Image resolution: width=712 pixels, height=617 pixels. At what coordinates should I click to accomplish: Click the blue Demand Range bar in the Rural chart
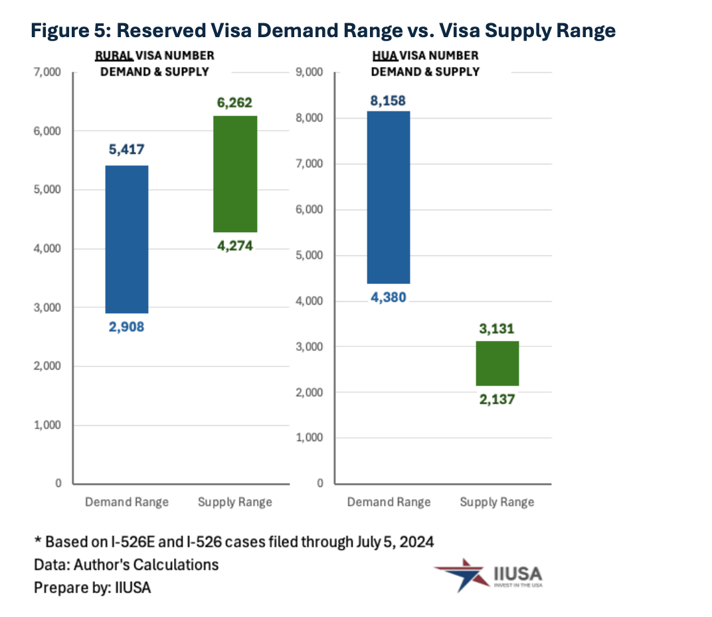pyautogui.click(x=126, y=239)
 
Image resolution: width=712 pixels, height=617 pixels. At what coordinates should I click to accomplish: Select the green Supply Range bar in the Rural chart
pyautogui.click(x=235, y=174)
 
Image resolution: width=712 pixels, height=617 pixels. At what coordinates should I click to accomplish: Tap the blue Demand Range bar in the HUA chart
pyautogui.click(x=389, y=197)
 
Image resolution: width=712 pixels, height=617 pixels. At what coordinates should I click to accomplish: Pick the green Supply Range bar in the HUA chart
pyautogui.click(x=497, y=363)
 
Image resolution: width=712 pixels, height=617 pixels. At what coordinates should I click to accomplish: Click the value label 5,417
pyautogui.click(x=126, y=150)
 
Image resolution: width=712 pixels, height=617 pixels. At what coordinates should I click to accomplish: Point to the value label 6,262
pyautogui.click(x=234, y=103)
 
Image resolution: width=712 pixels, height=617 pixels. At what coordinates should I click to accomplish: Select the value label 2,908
pyautogui.click(x=126, y=326)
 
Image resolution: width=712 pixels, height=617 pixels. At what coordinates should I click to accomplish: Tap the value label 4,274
pyautogui.click(x=234, y=245)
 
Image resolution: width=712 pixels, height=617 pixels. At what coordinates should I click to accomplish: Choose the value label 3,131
pyautogui.click(x=496, y=329)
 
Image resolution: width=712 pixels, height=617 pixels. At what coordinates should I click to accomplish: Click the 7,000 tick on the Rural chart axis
pyautogui.click(x=46, y=72)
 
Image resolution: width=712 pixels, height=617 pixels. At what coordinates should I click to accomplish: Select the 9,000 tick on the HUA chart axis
pyautogui.click(x=308, y=72)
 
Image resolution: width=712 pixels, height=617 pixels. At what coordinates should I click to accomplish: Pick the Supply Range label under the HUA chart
pyautogui.click(x=497, y=502)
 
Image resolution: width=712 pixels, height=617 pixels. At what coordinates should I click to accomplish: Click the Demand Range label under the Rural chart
pyautogui.click(x=126, y=502)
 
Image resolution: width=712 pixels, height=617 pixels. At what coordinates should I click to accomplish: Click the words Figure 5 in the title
pyautogui.click(x=72, y=31)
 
